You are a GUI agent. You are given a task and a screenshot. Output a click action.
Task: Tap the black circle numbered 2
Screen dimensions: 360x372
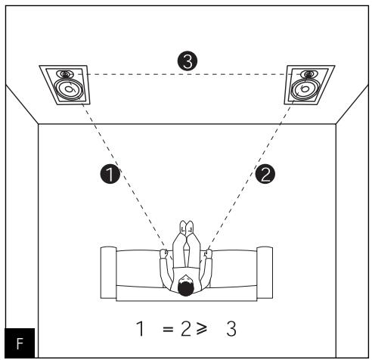264,175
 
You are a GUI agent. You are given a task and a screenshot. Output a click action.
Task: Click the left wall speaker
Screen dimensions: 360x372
67,85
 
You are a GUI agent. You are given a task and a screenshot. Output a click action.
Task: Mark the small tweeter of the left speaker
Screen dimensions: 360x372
67,75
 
